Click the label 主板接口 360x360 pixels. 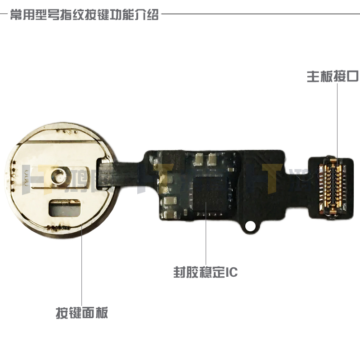(332, 77)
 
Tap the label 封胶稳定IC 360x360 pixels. (205, 273)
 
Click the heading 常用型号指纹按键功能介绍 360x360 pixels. (84, 15)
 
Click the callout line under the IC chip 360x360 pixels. (206, 236)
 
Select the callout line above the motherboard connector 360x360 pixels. (338, 117)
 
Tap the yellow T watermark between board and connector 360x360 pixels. (272, 173)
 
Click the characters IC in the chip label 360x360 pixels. (230, 273)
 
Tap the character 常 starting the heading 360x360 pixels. (17, 15)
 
